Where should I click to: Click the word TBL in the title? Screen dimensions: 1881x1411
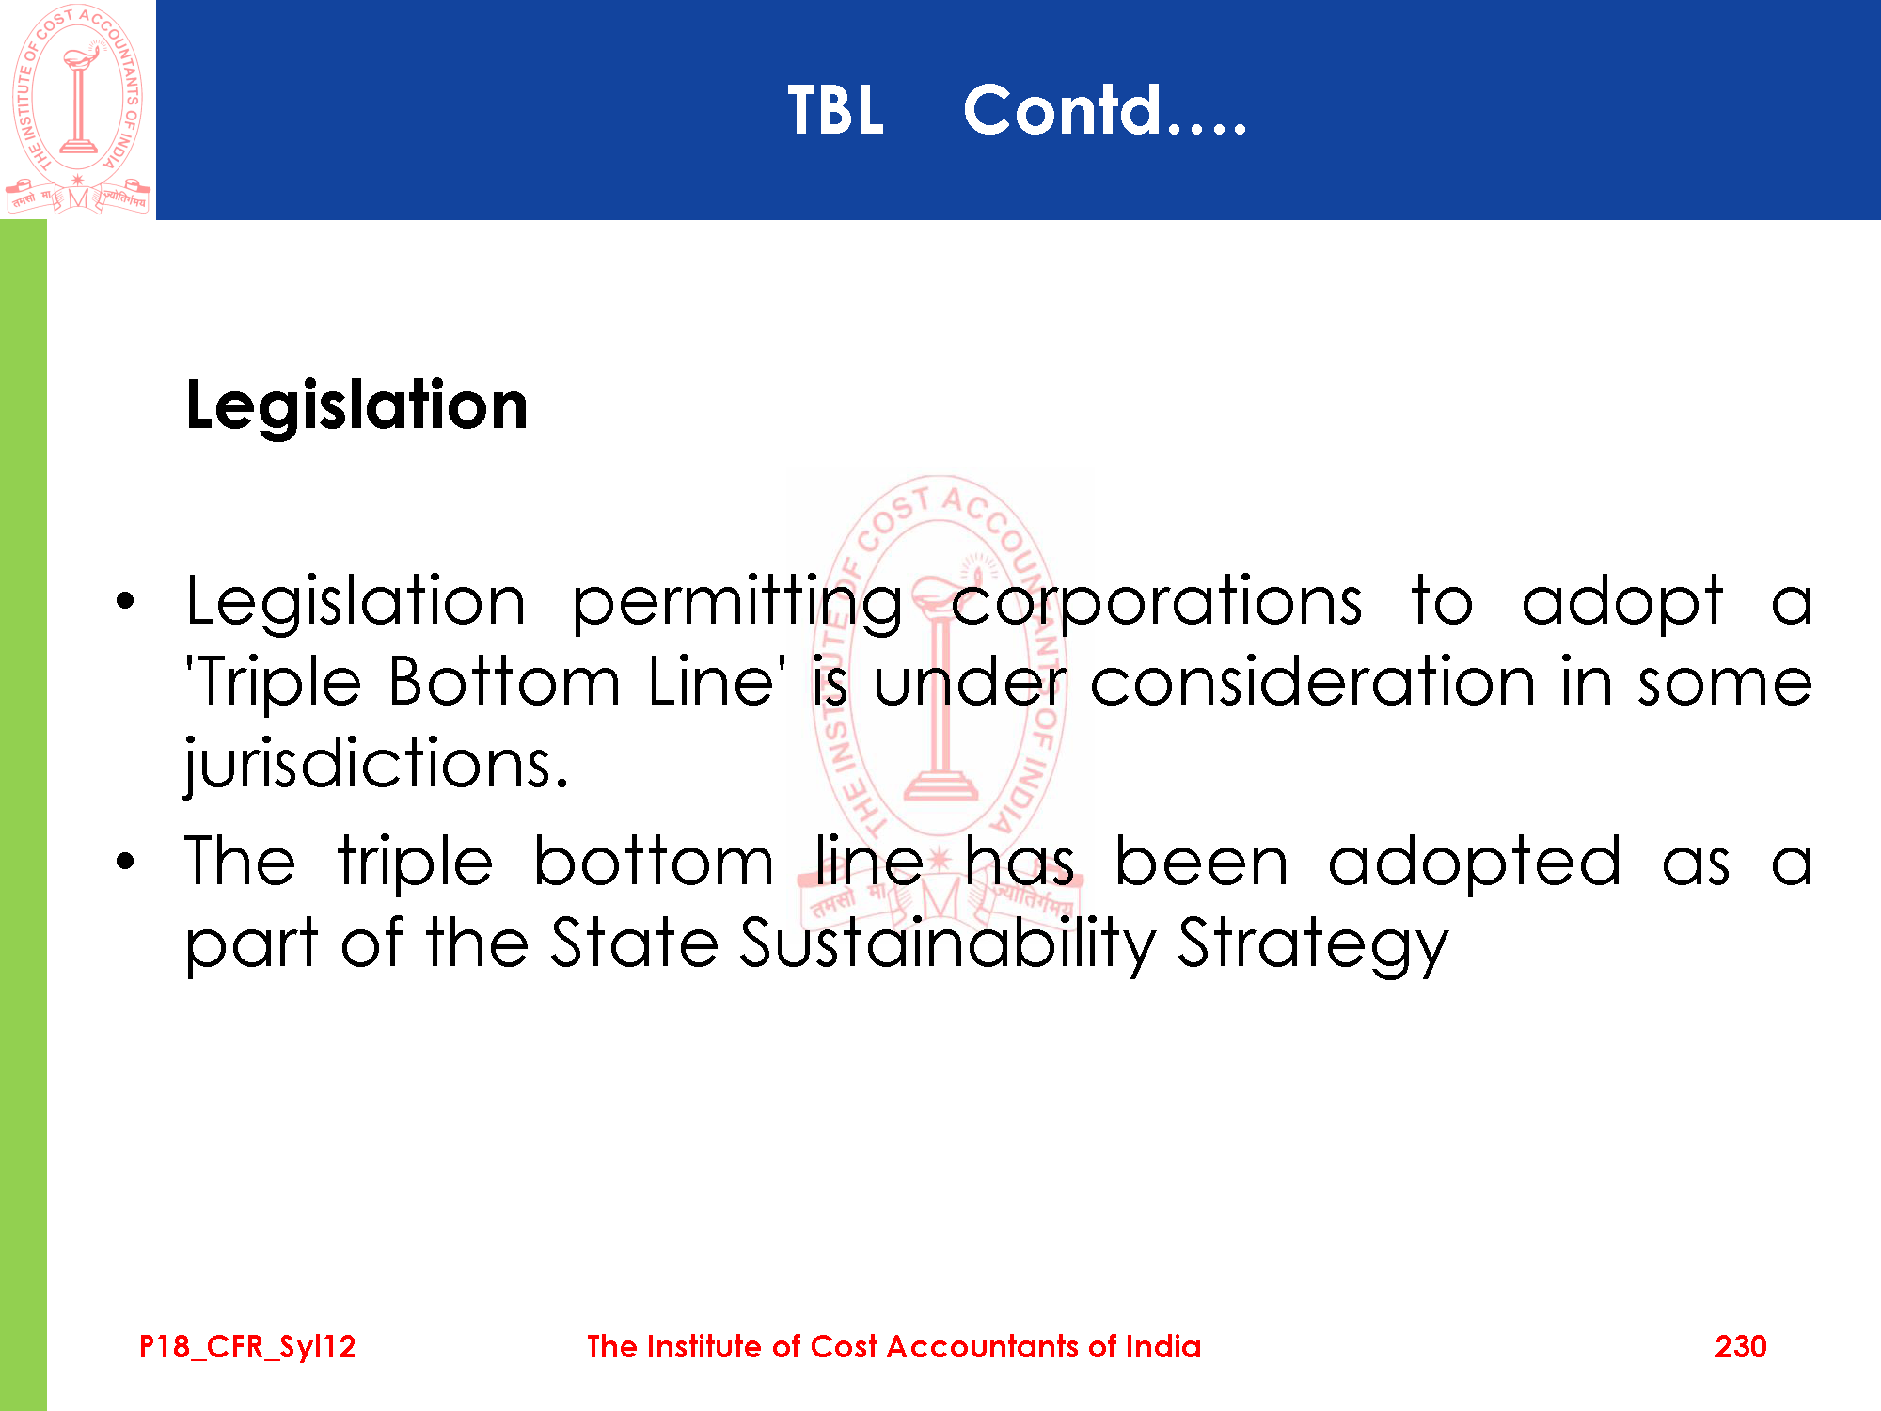[x=836, y=110]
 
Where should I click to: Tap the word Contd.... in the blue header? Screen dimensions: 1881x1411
[x=1105, y=110]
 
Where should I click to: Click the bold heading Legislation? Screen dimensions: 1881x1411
[x=356, y=405]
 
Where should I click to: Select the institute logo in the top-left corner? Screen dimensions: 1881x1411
[x=78, y=109]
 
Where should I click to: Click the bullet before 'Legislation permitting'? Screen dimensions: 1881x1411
[x=126, y=601]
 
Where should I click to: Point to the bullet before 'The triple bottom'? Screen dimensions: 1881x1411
[x=126, y=861]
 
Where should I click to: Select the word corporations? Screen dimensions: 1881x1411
[x=1156, y=603]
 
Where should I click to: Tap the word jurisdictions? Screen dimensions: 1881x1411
[x=377, y=764]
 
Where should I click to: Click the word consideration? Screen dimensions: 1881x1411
[x=1313, y=681]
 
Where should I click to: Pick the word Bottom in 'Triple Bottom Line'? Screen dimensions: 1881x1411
[x=504, y=681]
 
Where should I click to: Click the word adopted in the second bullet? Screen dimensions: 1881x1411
[x=1475, y=863]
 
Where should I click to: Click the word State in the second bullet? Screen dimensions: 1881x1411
[x=635, y=942]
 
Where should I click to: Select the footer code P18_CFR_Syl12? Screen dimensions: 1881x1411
[x=247, y=1347]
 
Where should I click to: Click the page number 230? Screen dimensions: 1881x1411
[x=1740, y=1346]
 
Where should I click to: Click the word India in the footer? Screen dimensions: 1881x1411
[x=1163, y=1346]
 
